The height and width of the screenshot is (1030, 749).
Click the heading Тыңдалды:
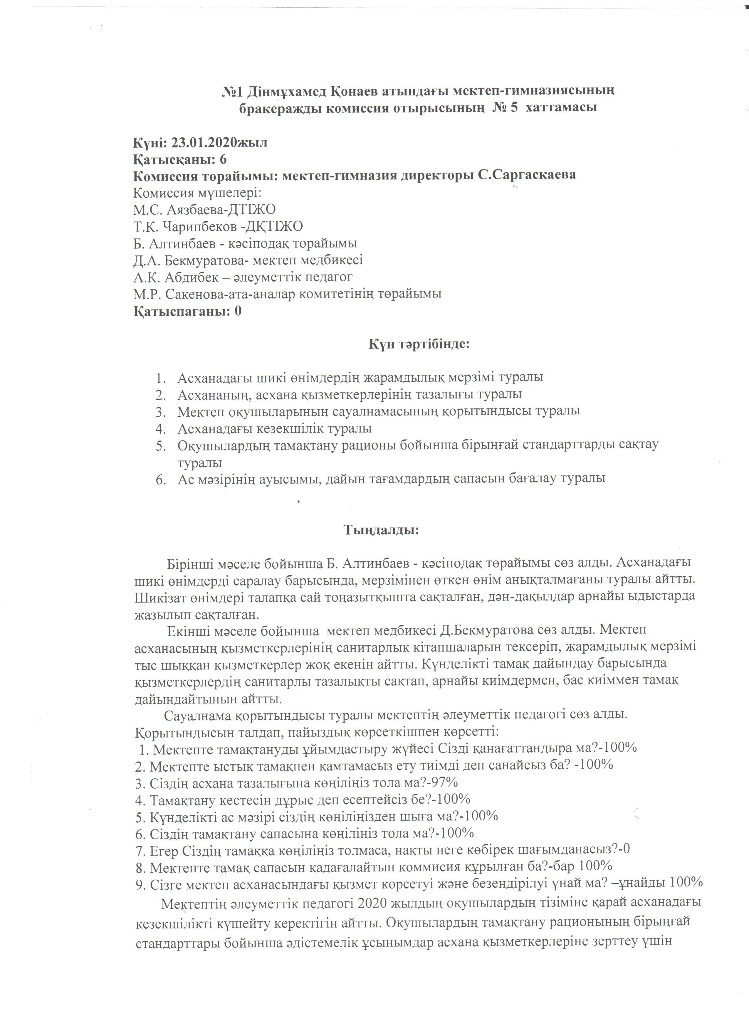(x=382, y=530)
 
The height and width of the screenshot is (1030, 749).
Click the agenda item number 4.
(x=159, y=428)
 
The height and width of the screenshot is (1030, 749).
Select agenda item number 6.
(x=159, y=479)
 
